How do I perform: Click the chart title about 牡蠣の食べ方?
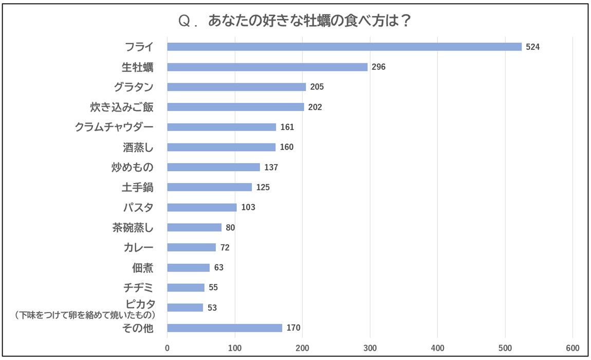coord(295,22)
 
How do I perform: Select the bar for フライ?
coord(344,47)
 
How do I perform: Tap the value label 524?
coord(533,47)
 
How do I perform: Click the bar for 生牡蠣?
coord(267,67)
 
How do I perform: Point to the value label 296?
coord(379,67)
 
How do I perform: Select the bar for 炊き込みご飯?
coord(235,107)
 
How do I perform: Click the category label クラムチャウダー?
coord(114,127)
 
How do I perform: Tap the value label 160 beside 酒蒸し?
coord(287,147)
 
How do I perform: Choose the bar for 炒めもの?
coord(213,167)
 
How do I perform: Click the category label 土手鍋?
coord(137,187)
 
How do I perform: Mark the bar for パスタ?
coord(202,207)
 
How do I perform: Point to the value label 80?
coord(230,227)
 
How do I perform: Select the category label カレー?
coord(138,247)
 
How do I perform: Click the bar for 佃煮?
coord(189,267)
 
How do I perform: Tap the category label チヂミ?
coord(138,287)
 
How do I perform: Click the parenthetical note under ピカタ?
coord(85,314)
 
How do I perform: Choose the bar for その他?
coord(225,328)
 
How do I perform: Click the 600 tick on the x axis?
coord(572,347)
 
